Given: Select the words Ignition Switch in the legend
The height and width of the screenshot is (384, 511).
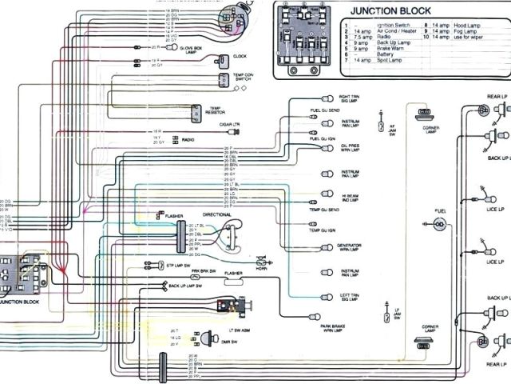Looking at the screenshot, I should click(371, 26).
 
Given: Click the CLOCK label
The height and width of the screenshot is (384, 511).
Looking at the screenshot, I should click(239, 56).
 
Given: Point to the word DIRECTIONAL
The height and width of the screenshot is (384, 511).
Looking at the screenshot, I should click(217, 215).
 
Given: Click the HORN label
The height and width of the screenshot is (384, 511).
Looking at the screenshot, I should click(260, 268).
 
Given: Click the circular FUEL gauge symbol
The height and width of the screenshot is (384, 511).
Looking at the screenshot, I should click(439, 225).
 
